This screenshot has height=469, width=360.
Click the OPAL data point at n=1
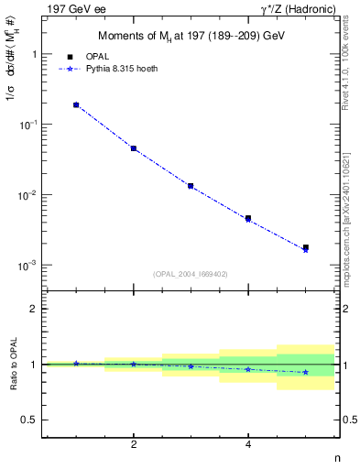pos(76,105)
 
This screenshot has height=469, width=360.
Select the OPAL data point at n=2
pos(134,148)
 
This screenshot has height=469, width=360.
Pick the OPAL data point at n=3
pos(191,186)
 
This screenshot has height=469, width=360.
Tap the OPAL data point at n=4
pos(248,218)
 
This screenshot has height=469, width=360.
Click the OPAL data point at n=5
pos(305,247)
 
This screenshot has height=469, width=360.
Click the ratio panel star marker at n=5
pos(305,372)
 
